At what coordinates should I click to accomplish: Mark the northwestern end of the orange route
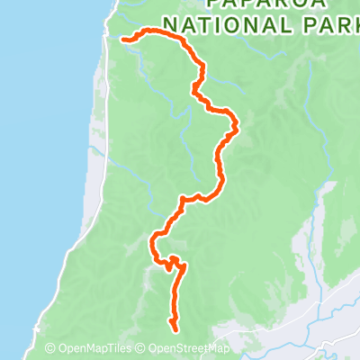122,38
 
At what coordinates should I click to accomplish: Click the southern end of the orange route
172,328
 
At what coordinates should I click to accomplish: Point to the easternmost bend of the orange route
238,128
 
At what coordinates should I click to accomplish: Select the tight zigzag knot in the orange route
172,263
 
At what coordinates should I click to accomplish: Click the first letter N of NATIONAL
175,23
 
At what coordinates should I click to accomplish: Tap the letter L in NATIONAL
281,23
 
